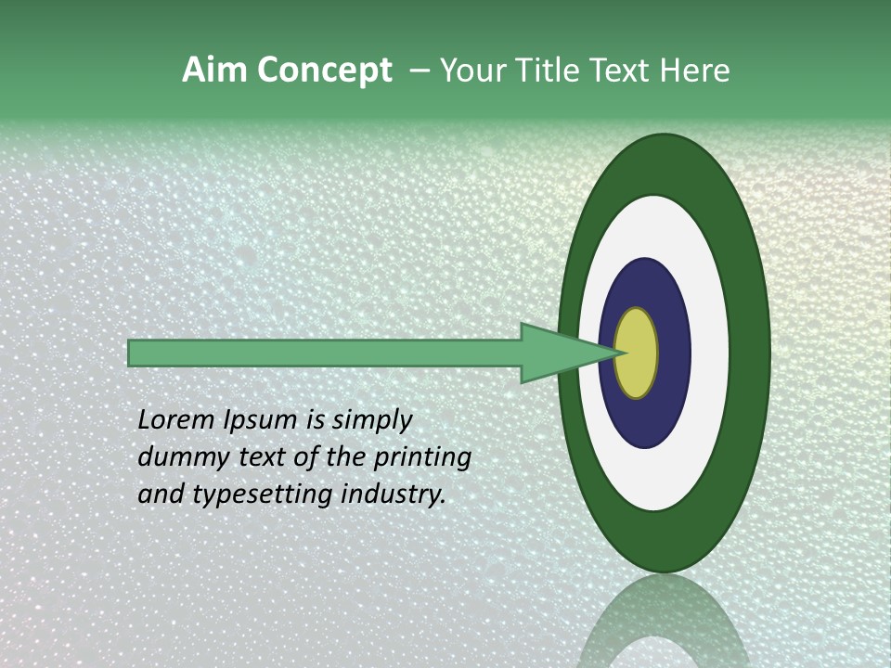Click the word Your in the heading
pos(468,71)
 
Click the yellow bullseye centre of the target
pos(637,353)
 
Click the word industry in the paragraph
pos(394,495)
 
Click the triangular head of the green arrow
pos(557,353)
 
